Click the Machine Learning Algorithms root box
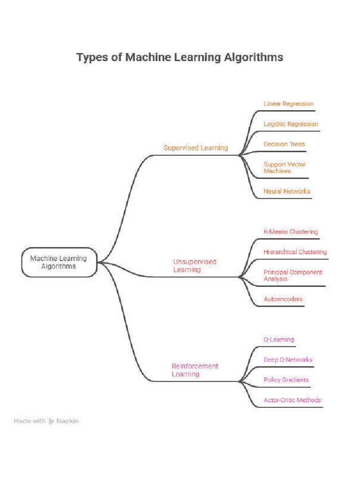(x=59, y=262)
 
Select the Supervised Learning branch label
(x=195, y=148)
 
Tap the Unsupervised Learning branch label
(x=195, y=266)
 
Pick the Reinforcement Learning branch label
(x=195, y=370)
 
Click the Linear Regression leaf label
(x=288, y=104)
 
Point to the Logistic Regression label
(x=291, y=124)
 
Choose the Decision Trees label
(x=284, y=144)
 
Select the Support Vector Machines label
(x=284, y=167)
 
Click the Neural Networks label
(x=286, y=191)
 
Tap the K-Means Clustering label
(x=291, y=232)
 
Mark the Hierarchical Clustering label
(x=295, y=252)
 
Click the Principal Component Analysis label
(x=292, y=275)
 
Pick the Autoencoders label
(x=283, y=299)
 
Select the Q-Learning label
(x=278, y=339)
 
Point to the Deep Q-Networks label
(x=288, y=360)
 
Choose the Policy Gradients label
(x=286, y=380)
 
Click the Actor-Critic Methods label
(x=292, y=400)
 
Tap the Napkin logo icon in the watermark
(x=51, y=421)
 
